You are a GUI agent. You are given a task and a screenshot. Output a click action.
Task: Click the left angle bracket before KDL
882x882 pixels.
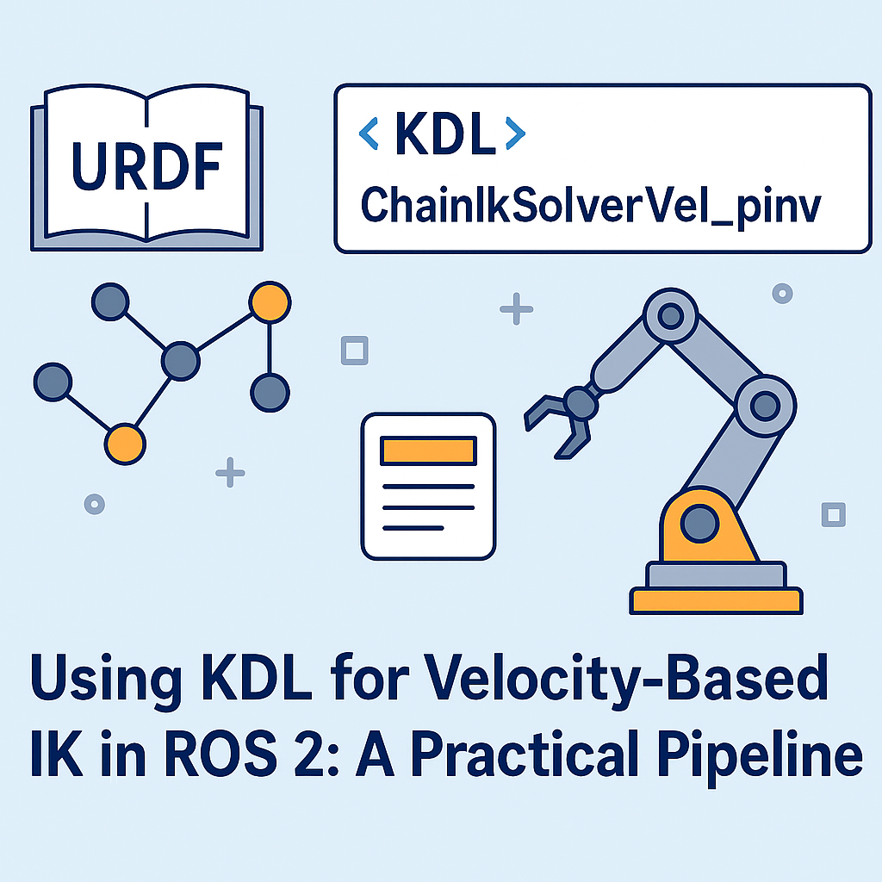[x=369, y=134]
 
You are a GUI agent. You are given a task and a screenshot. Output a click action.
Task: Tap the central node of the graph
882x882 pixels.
[x=180, y=360]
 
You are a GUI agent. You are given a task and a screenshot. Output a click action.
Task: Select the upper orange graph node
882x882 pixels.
[x=270, y=302]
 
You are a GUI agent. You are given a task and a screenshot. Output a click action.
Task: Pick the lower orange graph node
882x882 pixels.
[x=125, y=443]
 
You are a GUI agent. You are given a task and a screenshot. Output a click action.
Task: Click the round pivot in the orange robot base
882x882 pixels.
[x=700, y=520]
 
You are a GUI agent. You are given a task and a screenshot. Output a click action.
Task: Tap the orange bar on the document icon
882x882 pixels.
[x=428, y=450]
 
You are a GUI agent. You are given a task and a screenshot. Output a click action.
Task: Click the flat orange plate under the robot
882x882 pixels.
[x=716, y=600]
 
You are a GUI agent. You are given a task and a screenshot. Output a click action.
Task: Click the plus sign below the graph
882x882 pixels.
[x=230, y=472]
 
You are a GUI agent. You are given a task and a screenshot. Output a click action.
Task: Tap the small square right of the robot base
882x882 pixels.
[x=833, y=514]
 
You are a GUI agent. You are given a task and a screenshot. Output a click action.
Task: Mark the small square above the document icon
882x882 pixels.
[x=354, y=351]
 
